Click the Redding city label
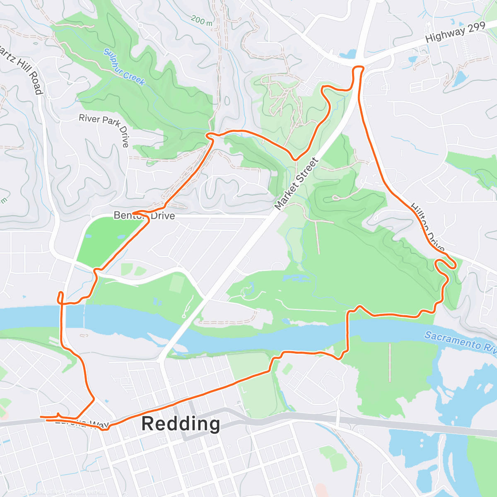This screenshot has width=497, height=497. (181, 424)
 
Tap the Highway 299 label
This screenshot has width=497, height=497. (455, 33)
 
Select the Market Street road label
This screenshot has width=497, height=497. (296, 183)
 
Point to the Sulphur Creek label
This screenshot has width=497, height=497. (124, 67)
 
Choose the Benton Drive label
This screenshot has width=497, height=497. (144, 216)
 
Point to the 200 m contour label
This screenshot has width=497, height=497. (202, 20)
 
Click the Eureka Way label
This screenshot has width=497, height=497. (81, 422)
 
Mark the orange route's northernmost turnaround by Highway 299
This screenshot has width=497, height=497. (358, 68)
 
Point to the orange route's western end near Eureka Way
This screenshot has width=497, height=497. (41, 417)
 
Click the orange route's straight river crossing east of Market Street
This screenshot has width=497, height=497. (347, 331)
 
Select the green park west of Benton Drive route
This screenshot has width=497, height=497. (104, 240)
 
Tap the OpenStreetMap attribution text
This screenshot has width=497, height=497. (64, 492)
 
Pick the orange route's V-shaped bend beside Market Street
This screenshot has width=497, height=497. (295, 159)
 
